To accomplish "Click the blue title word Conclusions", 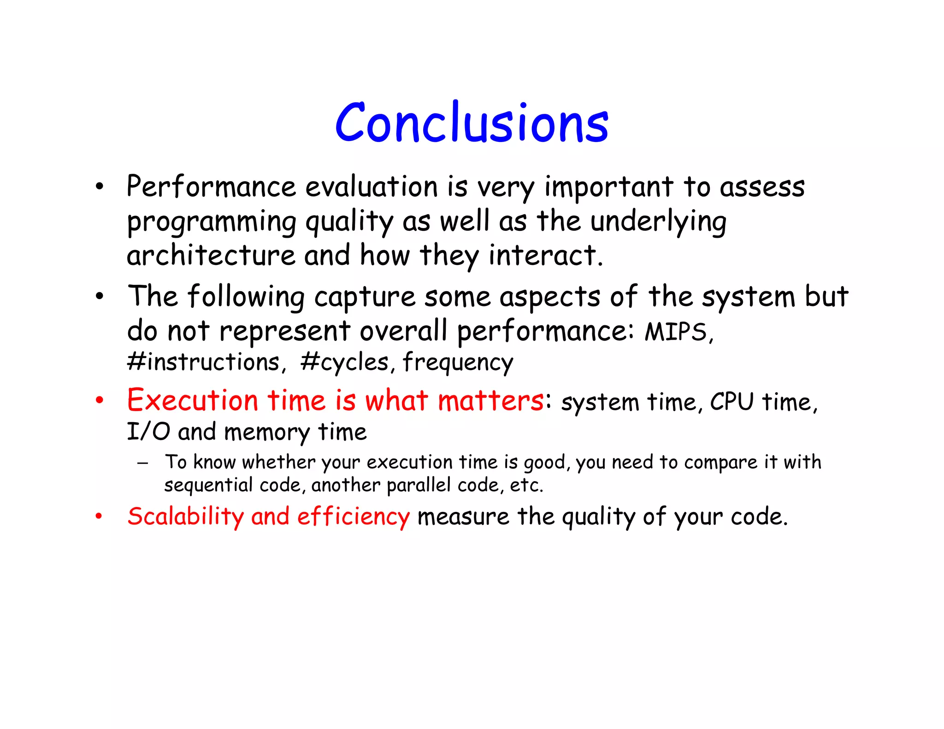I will point(472,123).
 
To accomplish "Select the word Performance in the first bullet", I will point(211,187).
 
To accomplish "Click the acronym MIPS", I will point(676,332).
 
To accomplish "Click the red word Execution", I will point(192,400).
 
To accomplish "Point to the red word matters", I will point(491,400).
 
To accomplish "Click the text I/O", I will point(148,432).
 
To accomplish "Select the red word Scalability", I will point(185,517).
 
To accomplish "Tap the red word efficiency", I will point(353,517).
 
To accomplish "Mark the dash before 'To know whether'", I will point(142,463).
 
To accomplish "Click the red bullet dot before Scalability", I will point(99,516).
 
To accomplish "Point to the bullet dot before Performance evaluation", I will point(99,187).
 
